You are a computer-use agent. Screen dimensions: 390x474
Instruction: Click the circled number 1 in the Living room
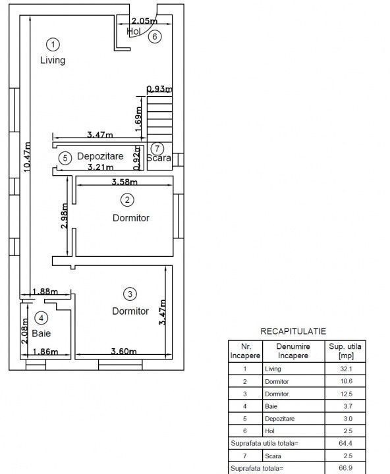pos(53,45)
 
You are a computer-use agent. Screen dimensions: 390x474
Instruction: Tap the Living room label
pos(53,60)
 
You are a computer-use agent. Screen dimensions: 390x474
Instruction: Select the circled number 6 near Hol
pos(155,36)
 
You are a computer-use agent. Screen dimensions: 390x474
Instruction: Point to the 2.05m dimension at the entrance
pos(144,20)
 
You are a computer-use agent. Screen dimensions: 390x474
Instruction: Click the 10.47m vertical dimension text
pos(27,157)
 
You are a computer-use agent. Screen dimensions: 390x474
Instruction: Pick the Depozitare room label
pos(100,156)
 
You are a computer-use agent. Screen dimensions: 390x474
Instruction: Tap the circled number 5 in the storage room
pos(65,158)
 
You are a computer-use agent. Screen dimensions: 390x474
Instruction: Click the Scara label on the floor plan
pos(159,158)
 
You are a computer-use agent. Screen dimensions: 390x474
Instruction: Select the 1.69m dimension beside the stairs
pos(138,118)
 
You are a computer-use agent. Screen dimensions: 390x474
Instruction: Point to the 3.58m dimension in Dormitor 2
pos(125,182)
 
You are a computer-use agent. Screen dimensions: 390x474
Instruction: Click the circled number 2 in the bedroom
pos(127,199)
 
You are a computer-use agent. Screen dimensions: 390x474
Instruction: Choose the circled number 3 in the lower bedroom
pos(130,294)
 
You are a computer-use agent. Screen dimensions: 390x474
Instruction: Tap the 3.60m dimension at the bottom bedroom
pos(124,351)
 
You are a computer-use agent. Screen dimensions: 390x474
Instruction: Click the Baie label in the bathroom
pos(41,333)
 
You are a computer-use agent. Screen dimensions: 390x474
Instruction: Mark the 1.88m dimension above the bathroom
pos(45,292)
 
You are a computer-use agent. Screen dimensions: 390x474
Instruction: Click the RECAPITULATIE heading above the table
pos(293,331)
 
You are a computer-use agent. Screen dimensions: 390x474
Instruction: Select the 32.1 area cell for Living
pos(347,369)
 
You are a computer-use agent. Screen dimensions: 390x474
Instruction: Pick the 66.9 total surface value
pos(345,468)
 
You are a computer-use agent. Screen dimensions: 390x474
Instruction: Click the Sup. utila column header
pos(345,351)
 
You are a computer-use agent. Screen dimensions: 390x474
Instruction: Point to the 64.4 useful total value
pos(345,443)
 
